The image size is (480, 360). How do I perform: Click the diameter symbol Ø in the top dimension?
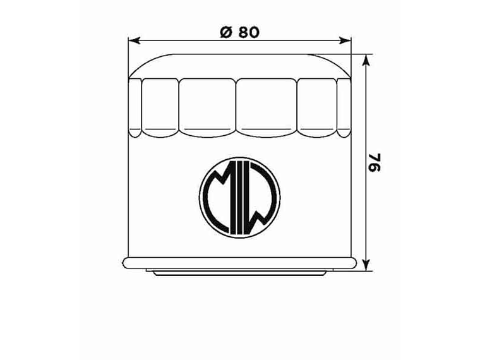[226, 32]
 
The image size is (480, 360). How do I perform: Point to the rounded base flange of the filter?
[240, 263]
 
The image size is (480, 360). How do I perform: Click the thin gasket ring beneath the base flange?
[240, 272]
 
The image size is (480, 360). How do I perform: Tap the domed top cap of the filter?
[240, 66]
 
